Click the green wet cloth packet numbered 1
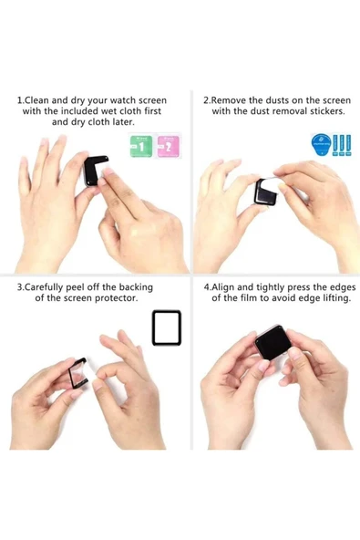click(141, 146)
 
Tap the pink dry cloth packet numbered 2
click(169, 146)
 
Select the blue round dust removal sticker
click(321, 144)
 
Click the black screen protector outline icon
click(167, 327)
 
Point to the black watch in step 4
click(273, 343)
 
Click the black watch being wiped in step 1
click(94, 170)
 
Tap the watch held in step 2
click(265, 192)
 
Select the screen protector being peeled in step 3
click(77, 374)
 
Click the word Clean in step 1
click(37, 100)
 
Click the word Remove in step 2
click(228, 100)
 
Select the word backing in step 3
click(136, 287)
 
